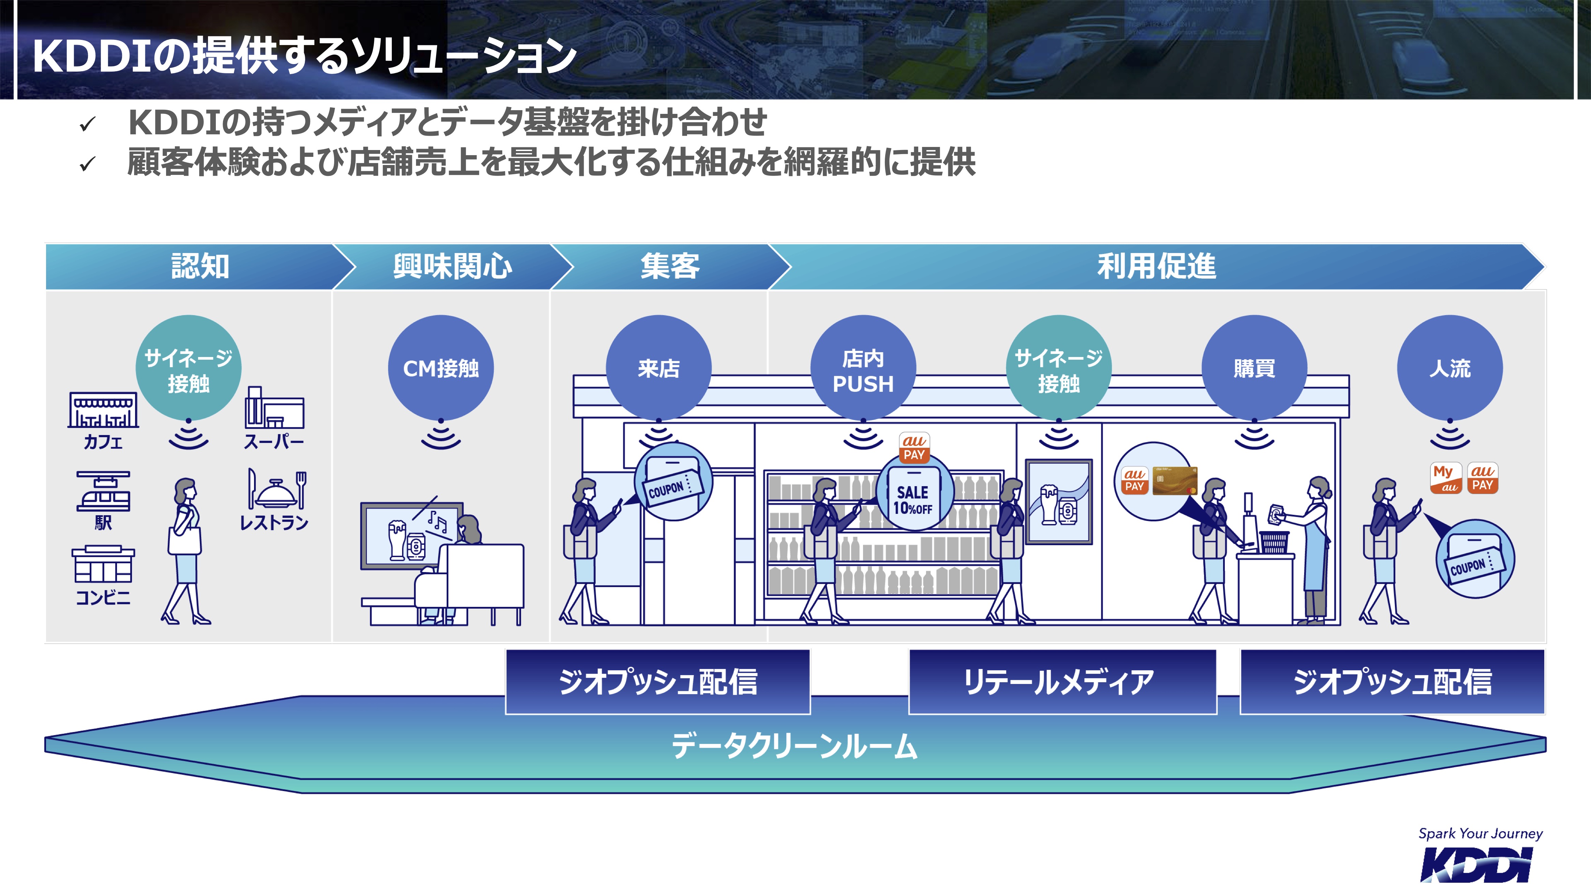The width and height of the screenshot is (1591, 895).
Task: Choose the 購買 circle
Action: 1254,368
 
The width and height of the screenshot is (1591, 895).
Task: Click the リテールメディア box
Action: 1062,682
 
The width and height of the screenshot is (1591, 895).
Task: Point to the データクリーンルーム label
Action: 795,746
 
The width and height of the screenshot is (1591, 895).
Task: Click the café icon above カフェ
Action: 103,409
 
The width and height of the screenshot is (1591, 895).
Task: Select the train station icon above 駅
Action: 103,492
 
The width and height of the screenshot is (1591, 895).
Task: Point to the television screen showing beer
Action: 412,535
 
